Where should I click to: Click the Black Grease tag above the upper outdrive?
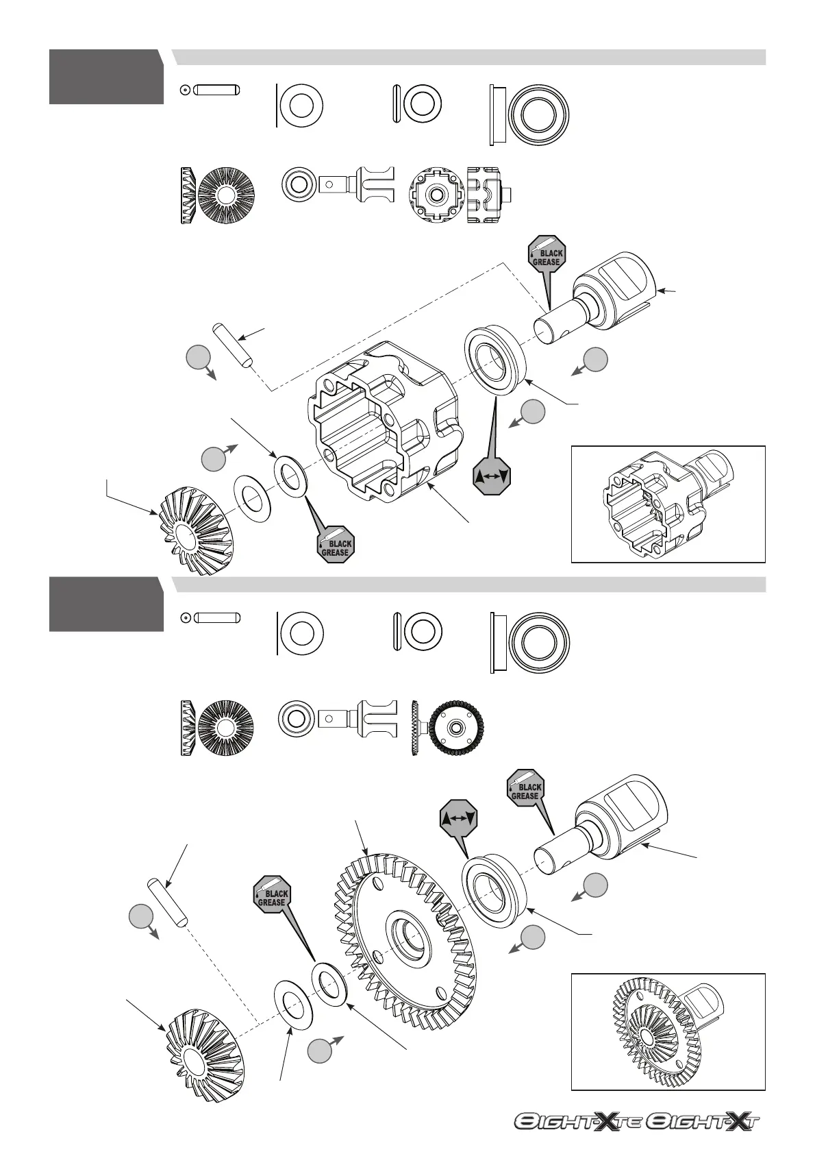tap(547, 257)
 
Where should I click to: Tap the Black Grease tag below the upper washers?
tap(336, 545)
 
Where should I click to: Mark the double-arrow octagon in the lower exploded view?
tap(458, 818)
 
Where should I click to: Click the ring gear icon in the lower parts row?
tap(449, 728)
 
